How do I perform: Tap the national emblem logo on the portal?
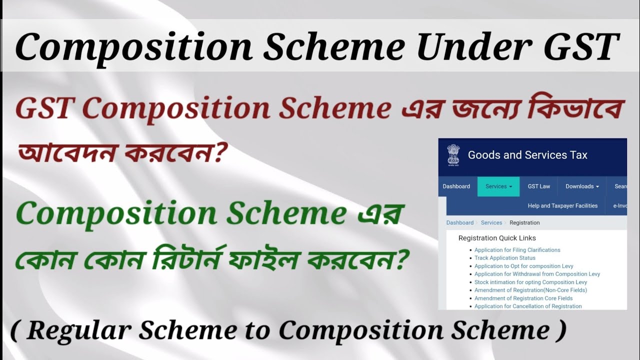click(x=453, y=155)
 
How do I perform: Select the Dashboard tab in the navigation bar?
click(x=456, y=186)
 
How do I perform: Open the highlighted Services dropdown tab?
click(x=498, y=186)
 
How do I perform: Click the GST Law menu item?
click(x=538, y=186)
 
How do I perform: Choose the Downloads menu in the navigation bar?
click(x=582, y=186)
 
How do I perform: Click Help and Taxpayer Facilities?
click(x=562, y=205)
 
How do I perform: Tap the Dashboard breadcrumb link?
click(x=459, y=222)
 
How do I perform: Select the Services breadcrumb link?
click(x=491, y=222)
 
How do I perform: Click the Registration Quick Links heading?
click(x=497, y=238)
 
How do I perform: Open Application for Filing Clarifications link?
click(x=517, y=250)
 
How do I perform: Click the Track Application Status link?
click(x=504, y=258)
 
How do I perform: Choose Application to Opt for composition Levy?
click(x=523, y=266)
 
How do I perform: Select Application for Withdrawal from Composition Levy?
click(x=537, y=274)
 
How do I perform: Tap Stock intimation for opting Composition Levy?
click(x=530, y=282)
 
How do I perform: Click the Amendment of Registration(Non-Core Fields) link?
click(x=530, y=290)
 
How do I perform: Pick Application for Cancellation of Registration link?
click(x=528, y=306)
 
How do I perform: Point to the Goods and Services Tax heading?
click(x=527, y=155)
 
